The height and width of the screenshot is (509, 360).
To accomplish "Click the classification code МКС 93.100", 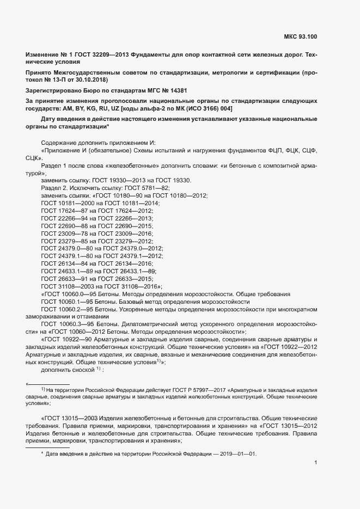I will click(x=300, y=37).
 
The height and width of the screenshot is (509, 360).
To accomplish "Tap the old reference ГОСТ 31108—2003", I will click(x=63, y=286).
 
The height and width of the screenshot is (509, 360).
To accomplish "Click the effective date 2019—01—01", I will click(x=237, y=453).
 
